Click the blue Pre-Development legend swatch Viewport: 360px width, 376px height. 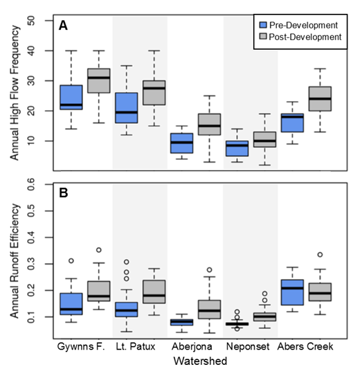tap(264, 24)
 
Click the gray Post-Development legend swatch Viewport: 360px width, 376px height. tap(264, 37)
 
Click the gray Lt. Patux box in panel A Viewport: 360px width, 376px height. tap(154, 93)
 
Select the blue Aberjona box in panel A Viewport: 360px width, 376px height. tap(181, 143)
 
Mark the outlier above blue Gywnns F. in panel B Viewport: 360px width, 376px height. tap(71, 261)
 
